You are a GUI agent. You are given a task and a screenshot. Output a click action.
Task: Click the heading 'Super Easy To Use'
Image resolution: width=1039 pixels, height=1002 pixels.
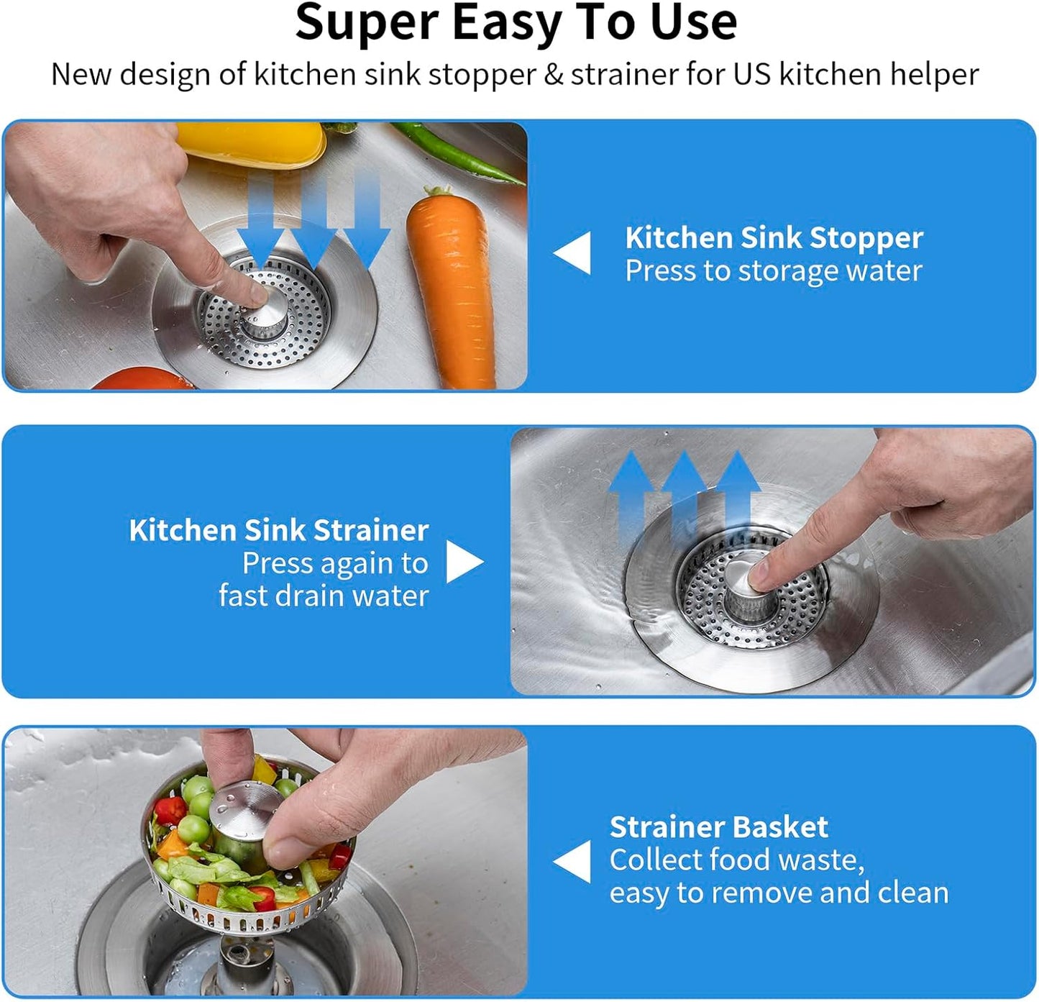[x=516, y=23]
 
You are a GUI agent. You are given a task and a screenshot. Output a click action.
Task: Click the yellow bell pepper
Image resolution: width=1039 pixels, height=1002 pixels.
[x=251, y=143]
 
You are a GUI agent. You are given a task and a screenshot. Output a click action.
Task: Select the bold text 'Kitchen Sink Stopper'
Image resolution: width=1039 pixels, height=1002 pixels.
[x=774, y=238]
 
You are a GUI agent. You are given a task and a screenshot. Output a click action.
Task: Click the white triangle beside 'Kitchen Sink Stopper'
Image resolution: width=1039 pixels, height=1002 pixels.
[x=573, y=253]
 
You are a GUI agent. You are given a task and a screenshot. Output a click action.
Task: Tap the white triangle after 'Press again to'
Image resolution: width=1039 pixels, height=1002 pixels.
[x=464, y=562]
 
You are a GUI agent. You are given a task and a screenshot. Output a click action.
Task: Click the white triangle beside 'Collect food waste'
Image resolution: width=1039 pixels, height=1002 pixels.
[x=573, y=862]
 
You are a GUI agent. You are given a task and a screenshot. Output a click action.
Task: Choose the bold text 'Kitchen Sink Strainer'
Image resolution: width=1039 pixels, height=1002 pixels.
[x=279, y=530]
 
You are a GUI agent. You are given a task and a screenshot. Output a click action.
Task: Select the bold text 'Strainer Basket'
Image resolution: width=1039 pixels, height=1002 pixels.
[x=718, y=827]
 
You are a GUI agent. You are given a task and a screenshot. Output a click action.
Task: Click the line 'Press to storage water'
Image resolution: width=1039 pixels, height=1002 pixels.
[x=773, y=271]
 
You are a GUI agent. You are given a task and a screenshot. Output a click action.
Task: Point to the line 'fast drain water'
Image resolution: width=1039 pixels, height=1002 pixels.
[x=324, y=596]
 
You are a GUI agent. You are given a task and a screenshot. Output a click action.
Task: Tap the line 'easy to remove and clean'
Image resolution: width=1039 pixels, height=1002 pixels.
[x=779, y=893]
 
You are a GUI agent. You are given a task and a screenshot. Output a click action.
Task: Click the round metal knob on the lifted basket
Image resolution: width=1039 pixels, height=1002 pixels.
[x=244, y=806]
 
